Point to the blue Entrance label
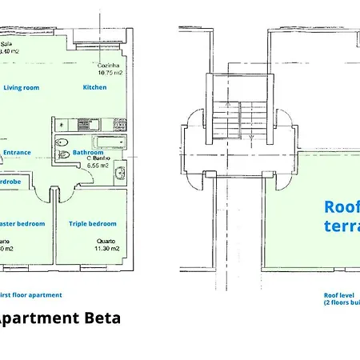tap(17, 151)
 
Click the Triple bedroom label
tap(92, 224)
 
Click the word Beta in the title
tap(102, 318)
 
